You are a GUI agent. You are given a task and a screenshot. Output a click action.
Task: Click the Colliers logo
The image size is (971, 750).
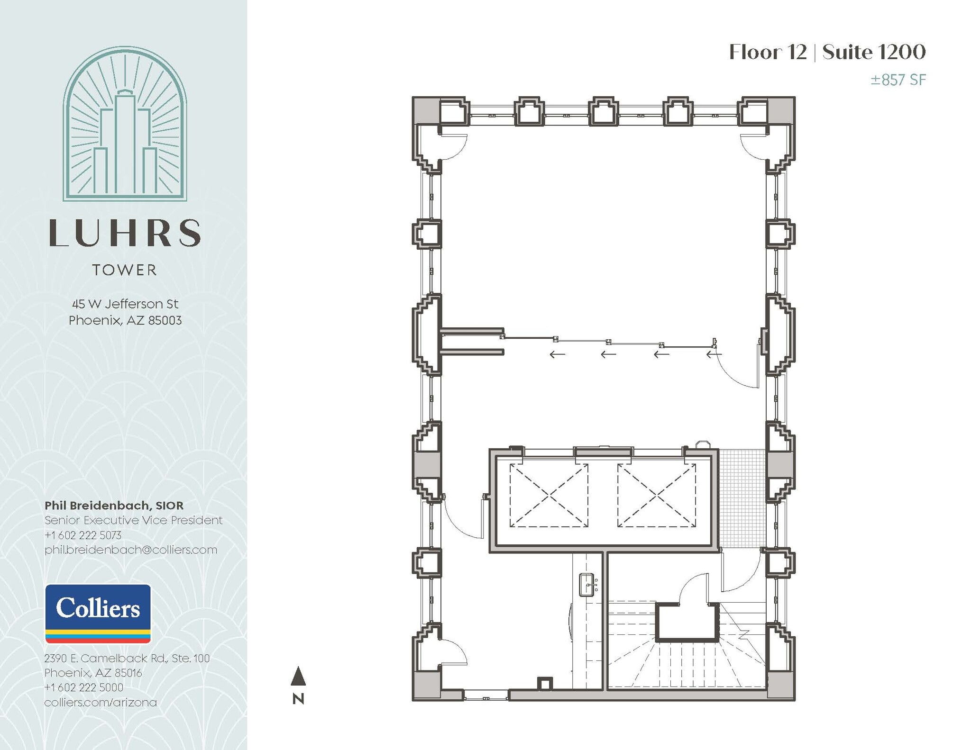coord(98,613)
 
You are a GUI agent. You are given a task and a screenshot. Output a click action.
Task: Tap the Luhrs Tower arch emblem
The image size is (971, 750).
coord(125,124)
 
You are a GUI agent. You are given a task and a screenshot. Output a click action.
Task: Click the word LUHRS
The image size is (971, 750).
coord(125,233)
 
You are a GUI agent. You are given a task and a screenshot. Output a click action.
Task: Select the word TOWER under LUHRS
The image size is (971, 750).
coord(125,270)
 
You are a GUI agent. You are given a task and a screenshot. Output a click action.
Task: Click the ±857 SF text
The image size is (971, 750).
coord(898,80)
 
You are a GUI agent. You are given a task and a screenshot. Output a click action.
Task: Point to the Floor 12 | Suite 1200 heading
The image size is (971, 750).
coord(827,52)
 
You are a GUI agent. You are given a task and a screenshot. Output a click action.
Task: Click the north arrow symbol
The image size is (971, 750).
coord(298,678)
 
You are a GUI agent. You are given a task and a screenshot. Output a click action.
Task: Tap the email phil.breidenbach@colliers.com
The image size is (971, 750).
coord(131,550)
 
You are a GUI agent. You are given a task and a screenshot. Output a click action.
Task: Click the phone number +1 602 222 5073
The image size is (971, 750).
coord(83,535)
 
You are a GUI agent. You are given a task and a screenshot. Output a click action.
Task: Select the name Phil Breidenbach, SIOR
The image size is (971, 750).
coord(114,505)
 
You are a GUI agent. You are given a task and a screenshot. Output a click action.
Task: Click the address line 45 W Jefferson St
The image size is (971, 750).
coord(125,304)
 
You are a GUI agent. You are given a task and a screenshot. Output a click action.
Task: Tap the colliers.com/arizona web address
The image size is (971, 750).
coord(101,702)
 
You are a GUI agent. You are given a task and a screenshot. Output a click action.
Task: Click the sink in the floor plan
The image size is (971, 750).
coord(587,585)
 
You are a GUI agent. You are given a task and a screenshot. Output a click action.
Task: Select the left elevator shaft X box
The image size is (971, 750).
coord(549,496)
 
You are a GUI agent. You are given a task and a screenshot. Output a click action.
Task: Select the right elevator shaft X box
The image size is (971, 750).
coord(657,496)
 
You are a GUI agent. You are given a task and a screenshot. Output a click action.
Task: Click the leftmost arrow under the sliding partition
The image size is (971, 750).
coord(557,354)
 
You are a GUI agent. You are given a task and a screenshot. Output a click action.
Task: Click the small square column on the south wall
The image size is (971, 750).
coord(545,684)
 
